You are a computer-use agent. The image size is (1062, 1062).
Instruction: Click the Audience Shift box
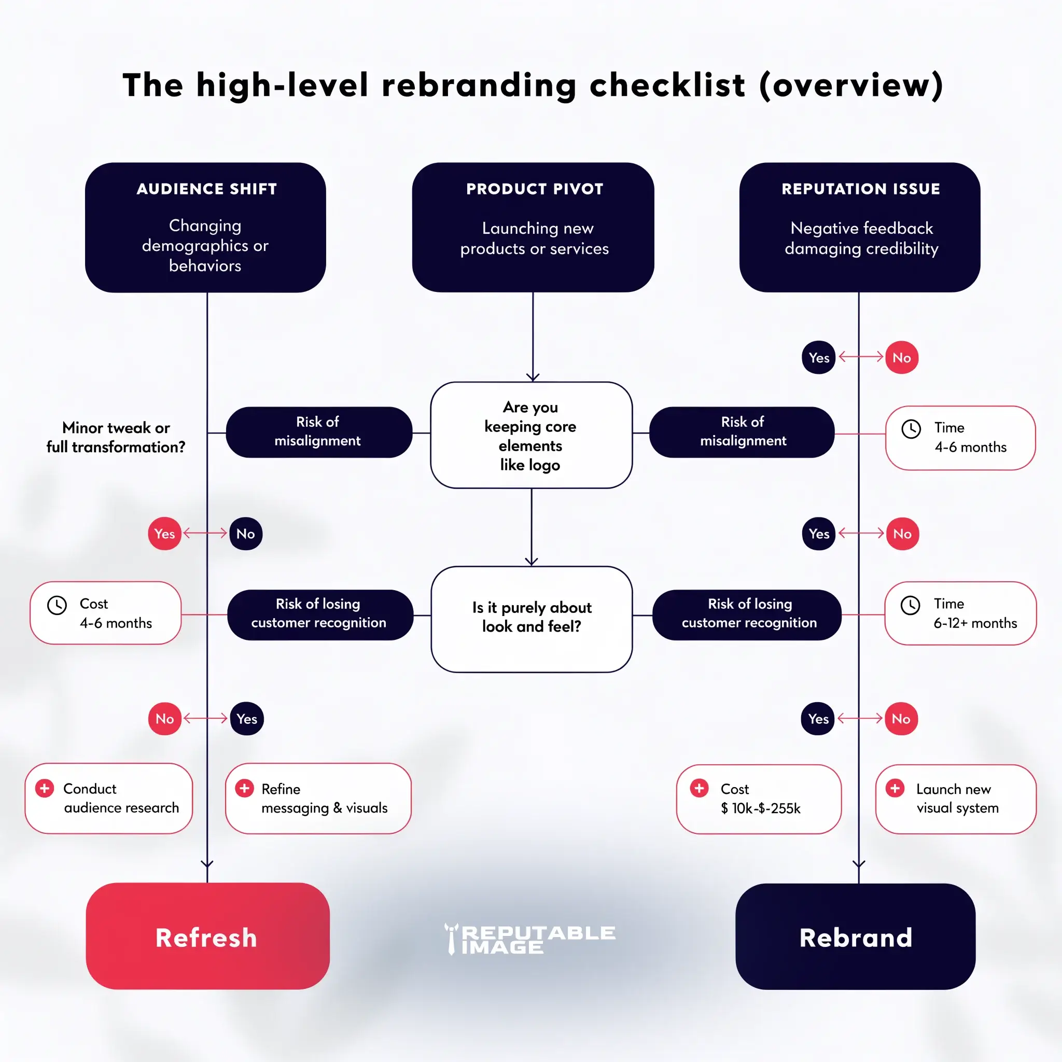[x=205, y=227]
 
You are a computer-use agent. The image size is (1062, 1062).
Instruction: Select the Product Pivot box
[x=533, y=227]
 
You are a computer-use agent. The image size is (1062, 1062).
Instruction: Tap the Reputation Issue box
[x=859, y=227]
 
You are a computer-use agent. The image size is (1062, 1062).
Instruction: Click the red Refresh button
[x=207, y=936]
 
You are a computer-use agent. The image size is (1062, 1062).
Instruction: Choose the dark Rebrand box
[x=855, y=937]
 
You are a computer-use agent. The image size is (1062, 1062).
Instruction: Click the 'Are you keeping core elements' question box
[x=531, y=436]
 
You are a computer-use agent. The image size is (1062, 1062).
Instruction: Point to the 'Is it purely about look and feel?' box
[x=532, y=619]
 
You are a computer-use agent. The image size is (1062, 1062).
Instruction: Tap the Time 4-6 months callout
[x=960, y=438]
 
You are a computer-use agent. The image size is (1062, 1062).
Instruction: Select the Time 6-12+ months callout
[x=960, y=613]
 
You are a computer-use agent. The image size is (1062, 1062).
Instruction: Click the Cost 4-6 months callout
[x=106, y=613]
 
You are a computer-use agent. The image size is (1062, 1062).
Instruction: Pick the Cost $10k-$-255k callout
[x=759, y=799]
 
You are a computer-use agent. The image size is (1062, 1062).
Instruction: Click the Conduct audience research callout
[x=109, y=798]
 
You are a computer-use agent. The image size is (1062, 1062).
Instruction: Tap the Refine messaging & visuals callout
[x=318, y=798]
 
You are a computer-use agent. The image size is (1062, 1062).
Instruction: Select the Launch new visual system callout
[x=955, y=799]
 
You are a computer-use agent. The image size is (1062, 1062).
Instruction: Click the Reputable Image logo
[x=530, y=939]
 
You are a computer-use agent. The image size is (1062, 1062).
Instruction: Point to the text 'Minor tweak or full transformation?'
[x=116, y=438]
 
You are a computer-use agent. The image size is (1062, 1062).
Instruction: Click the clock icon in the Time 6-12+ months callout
[x=910, y=605]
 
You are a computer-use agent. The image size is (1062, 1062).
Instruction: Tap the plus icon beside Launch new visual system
[x=895, y=788]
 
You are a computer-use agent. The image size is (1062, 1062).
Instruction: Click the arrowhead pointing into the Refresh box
[x=207, y=864]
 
